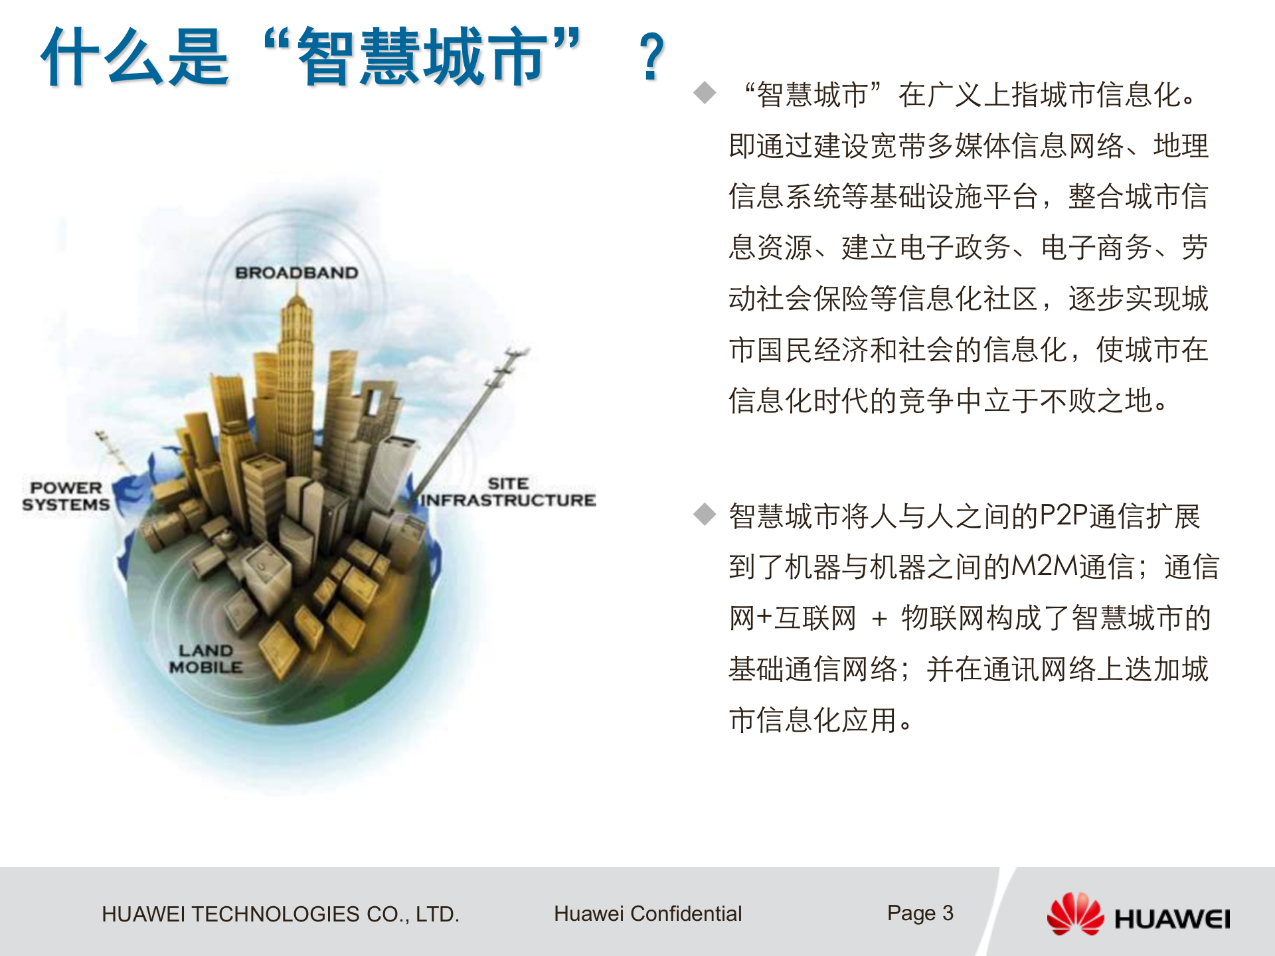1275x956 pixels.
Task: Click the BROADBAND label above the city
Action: (x=296, y=272)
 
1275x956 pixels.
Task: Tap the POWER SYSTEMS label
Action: (x=66, y=496)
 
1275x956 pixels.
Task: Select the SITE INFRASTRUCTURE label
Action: (x=508, y=492)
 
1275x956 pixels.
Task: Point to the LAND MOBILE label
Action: (x=205, y=659)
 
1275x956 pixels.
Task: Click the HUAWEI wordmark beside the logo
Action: (x=1172, y=919)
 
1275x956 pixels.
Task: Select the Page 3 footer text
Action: (x=920, y=913)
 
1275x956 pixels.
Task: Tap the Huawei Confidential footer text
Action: (x=647, y=914)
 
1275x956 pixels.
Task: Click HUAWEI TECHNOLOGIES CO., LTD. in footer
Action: (x=280, y=914)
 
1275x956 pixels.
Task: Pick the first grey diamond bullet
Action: (x=705, y=93)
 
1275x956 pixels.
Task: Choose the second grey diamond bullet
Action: (x=705, y=514)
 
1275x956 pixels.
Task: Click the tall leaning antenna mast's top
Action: (x=515, y=352)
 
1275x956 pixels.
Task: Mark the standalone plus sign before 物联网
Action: (x=879, y=619)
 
